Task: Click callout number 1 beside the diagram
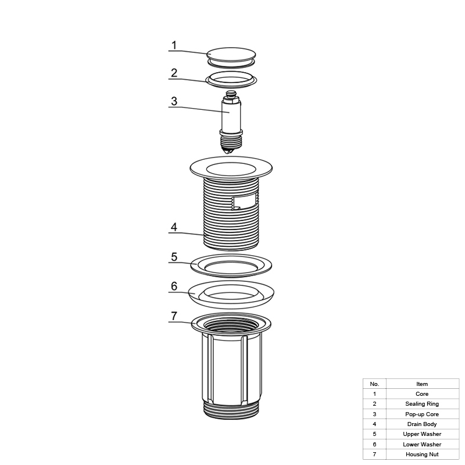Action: [174, 45]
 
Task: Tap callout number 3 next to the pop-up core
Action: [174, 101]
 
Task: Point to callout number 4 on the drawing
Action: [174, 227]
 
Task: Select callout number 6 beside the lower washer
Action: [174, 286]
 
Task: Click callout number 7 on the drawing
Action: [174, 316]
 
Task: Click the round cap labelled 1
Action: [231, 55]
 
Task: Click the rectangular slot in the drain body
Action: [244, 201]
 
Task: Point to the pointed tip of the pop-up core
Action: [228, 152]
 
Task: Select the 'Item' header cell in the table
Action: [423, 384]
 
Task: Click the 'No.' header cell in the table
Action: [374, 384]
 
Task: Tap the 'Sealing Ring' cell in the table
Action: [423, 404]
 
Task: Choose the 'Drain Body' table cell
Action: [423, 424]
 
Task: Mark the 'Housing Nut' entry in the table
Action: [423, 455]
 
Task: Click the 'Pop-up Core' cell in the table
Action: [423, 414]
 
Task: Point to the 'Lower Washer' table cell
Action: [423, 444]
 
